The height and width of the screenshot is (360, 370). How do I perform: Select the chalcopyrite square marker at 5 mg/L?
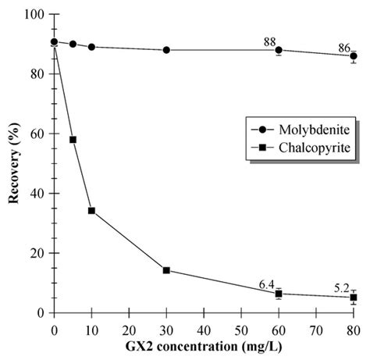click(x=73, y=140)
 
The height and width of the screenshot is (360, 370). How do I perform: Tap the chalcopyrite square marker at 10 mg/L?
click(x=91, y=211)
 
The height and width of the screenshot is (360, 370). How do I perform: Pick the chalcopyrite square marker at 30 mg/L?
click(x=166, y=270)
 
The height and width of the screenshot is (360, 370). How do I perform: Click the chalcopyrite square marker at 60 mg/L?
click(x=279, y=294)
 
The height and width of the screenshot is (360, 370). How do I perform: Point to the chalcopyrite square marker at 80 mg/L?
click(x=354, y=298)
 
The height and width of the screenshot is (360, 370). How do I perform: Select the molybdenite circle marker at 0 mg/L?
click(x=54, y=41)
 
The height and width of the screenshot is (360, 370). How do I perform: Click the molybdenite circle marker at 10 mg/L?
click(x=91, y=47)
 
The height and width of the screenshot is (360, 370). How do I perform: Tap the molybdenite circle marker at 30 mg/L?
click(x=166, y=50)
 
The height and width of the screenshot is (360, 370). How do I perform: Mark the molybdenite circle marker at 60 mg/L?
click(x=279, y=50)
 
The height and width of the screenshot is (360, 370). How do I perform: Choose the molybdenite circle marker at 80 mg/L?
click(x=354, y=55)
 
